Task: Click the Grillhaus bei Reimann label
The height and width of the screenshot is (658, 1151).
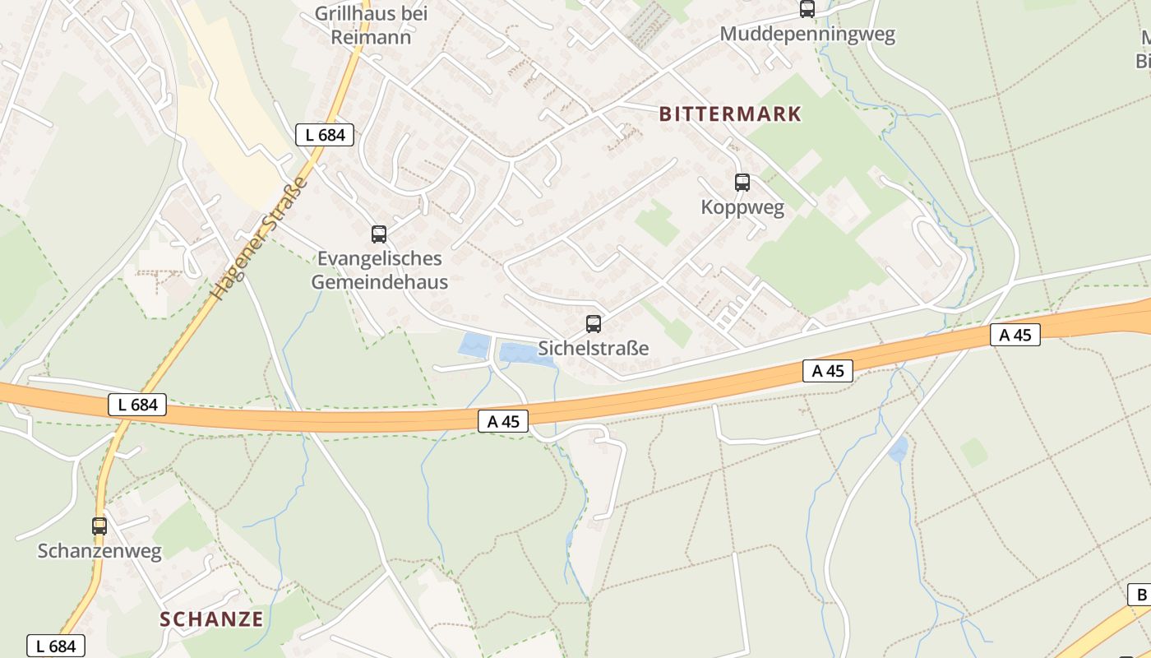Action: [x=371, y=25]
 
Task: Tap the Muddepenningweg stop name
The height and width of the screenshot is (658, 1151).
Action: [x=807, y=35]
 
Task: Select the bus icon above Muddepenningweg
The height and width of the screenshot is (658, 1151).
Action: [x=807, y=9]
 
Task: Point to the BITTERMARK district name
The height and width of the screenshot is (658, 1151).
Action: [x=730, y=114]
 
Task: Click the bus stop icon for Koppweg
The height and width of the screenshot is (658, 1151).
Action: [x=742, y=183]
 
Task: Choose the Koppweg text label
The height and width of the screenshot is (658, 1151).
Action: [x=742, y=207]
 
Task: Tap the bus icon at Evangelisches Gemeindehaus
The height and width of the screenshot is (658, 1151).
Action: [x=379, y=234]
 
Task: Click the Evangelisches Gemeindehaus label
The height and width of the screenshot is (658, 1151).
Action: [x=380, y=271]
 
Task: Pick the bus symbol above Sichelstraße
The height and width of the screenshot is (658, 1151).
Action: [x=594, y=324]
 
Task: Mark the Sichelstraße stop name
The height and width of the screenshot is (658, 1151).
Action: [x=594, y=349]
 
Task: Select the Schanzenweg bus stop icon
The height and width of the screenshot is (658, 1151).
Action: [x=99, y=526]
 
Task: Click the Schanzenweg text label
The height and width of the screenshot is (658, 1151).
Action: [x=99, y=551]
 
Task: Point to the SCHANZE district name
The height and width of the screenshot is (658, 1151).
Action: [x=211, y=619]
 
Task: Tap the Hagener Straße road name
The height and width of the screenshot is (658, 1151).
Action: [x=258, y=238]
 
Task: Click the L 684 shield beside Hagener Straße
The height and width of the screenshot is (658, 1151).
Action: [x=325, y=135]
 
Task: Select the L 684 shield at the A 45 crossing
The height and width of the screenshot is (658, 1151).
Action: [x=137, y=405]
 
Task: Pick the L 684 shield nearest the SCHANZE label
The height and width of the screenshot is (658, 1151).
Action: [x=56, y=646]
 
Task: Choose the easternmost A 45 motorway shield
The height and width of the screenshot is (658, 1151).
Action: [x=1015, y=335]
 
